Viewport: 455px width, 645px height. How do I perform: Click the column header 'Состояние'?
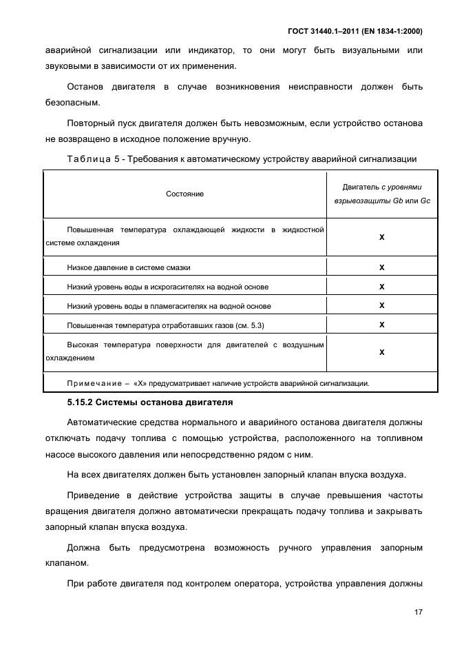184,194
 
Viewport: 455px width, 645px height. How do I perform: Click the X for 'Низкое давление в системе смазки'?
381,267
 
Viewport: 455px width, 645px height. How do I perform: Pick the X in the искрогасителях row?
381,287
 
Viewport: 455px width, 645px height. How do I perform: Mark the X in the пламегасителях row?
381,305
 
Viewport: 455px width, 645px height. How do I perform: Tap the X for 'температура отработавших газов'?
381,325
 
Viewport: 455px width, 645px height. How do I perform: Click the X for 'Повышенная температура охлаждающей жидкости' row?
381,236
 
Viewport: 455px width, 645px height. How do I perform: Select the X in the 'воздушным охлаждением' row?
381,352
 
